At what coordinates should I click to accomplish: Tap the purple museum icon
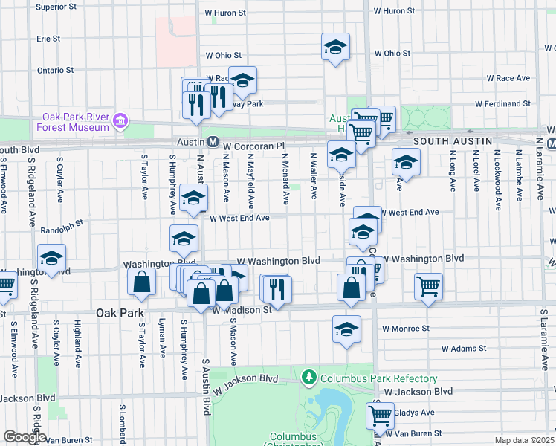click(119, 120)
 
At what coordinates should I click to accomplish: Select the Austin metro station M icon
click(213, 141)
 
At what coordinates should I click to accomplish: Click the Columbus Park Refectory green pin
click(309, 378)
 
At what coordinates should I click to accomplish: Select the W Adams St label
click(463, 347)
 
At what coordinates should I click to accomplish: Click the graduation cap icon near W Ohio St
click(335, 47)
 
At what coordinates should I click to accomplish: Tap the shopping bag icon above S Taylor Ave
click(141, 282)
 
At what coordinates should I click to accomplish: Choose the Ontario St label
click(55, 71)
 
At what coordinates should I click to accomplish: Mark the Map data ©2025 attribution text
click(524, 440)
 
